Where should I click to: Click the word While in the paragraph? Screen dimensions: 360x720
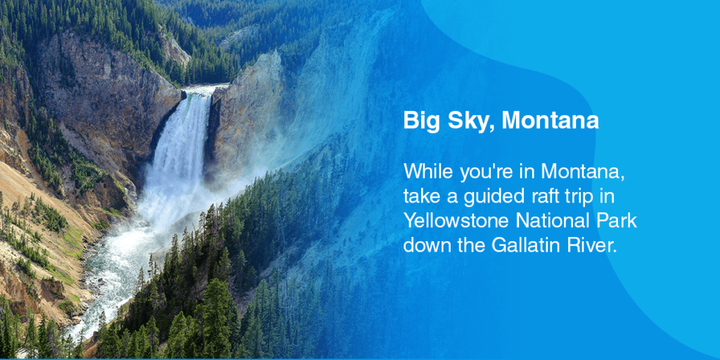tap(425, 172)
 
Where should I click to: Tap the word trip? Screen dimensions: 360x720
tap(562, 196)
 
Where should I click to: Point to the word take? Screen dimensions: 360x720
tap(420, 196)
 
